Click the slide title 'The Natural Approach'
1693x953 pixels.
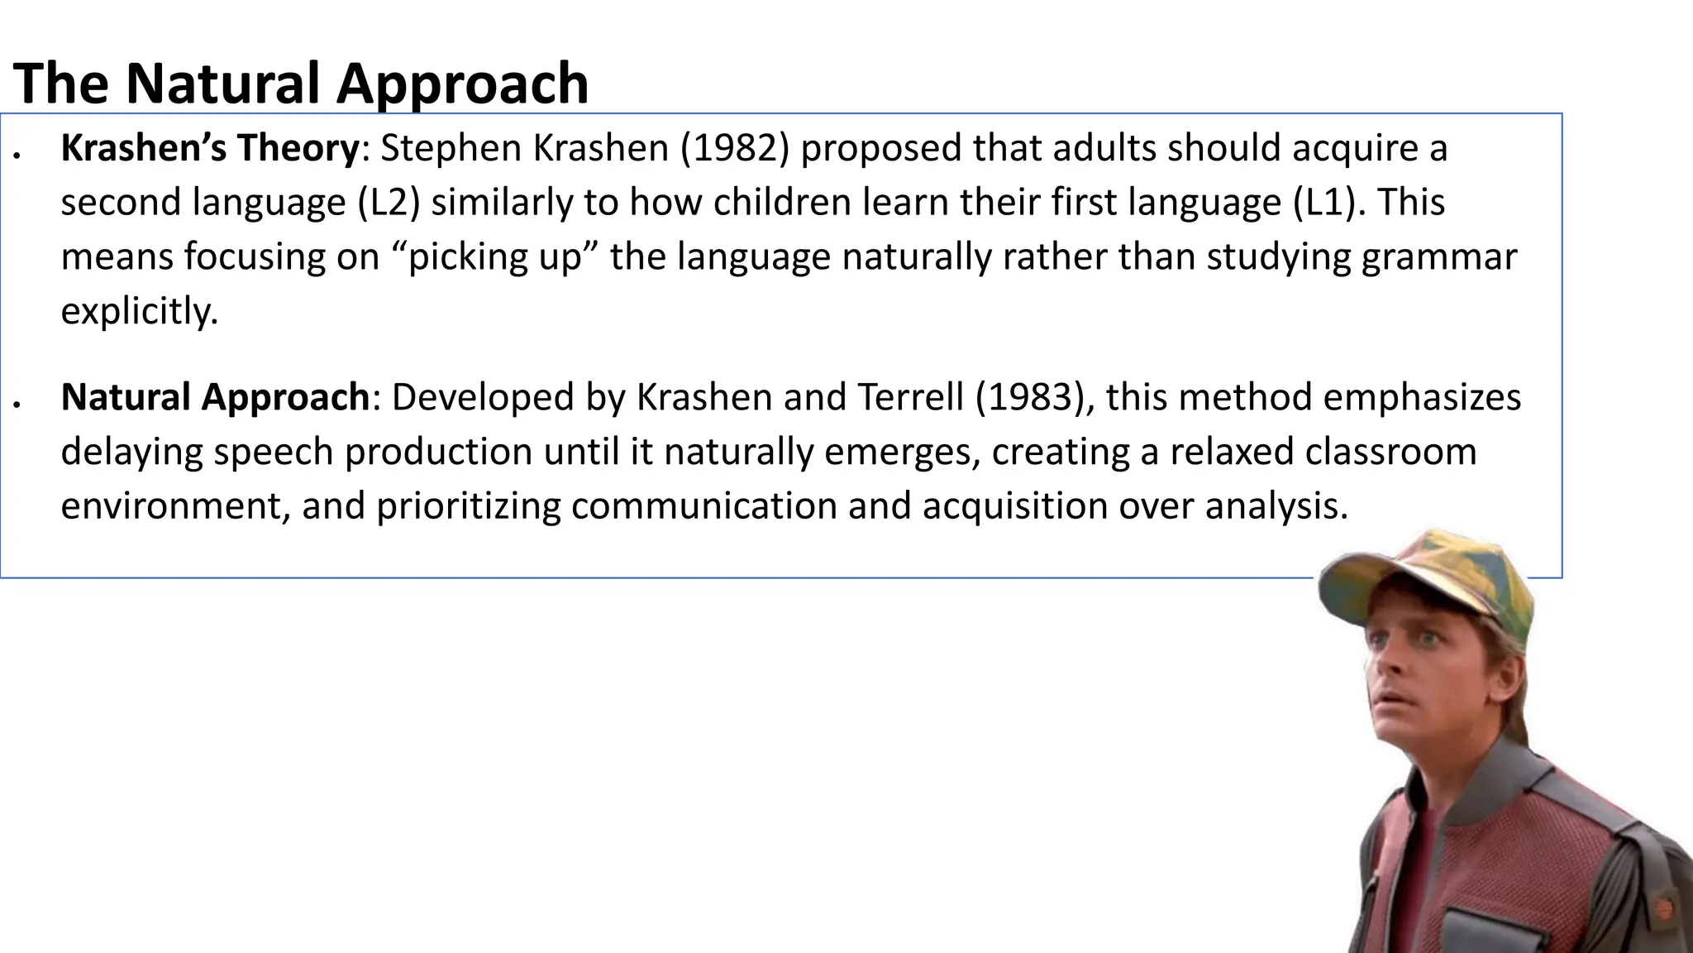[x=301, y=84]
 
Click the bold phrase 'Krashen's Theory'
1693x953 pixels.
[x=210, y=148]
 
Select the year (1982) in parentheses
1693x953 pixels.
[x=735, y=148]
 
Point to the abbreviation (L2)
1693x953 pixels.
[x=389, y=203]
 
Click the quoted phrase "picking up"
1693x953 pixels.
[x=495, y=256]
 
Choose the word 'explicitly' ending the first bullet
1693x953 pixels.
[x=139, y=311]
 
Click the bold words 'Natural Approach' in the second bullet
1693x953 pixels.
[x=215, y=397]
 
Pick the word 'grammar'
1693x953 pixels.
[x=1439, y=257]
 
